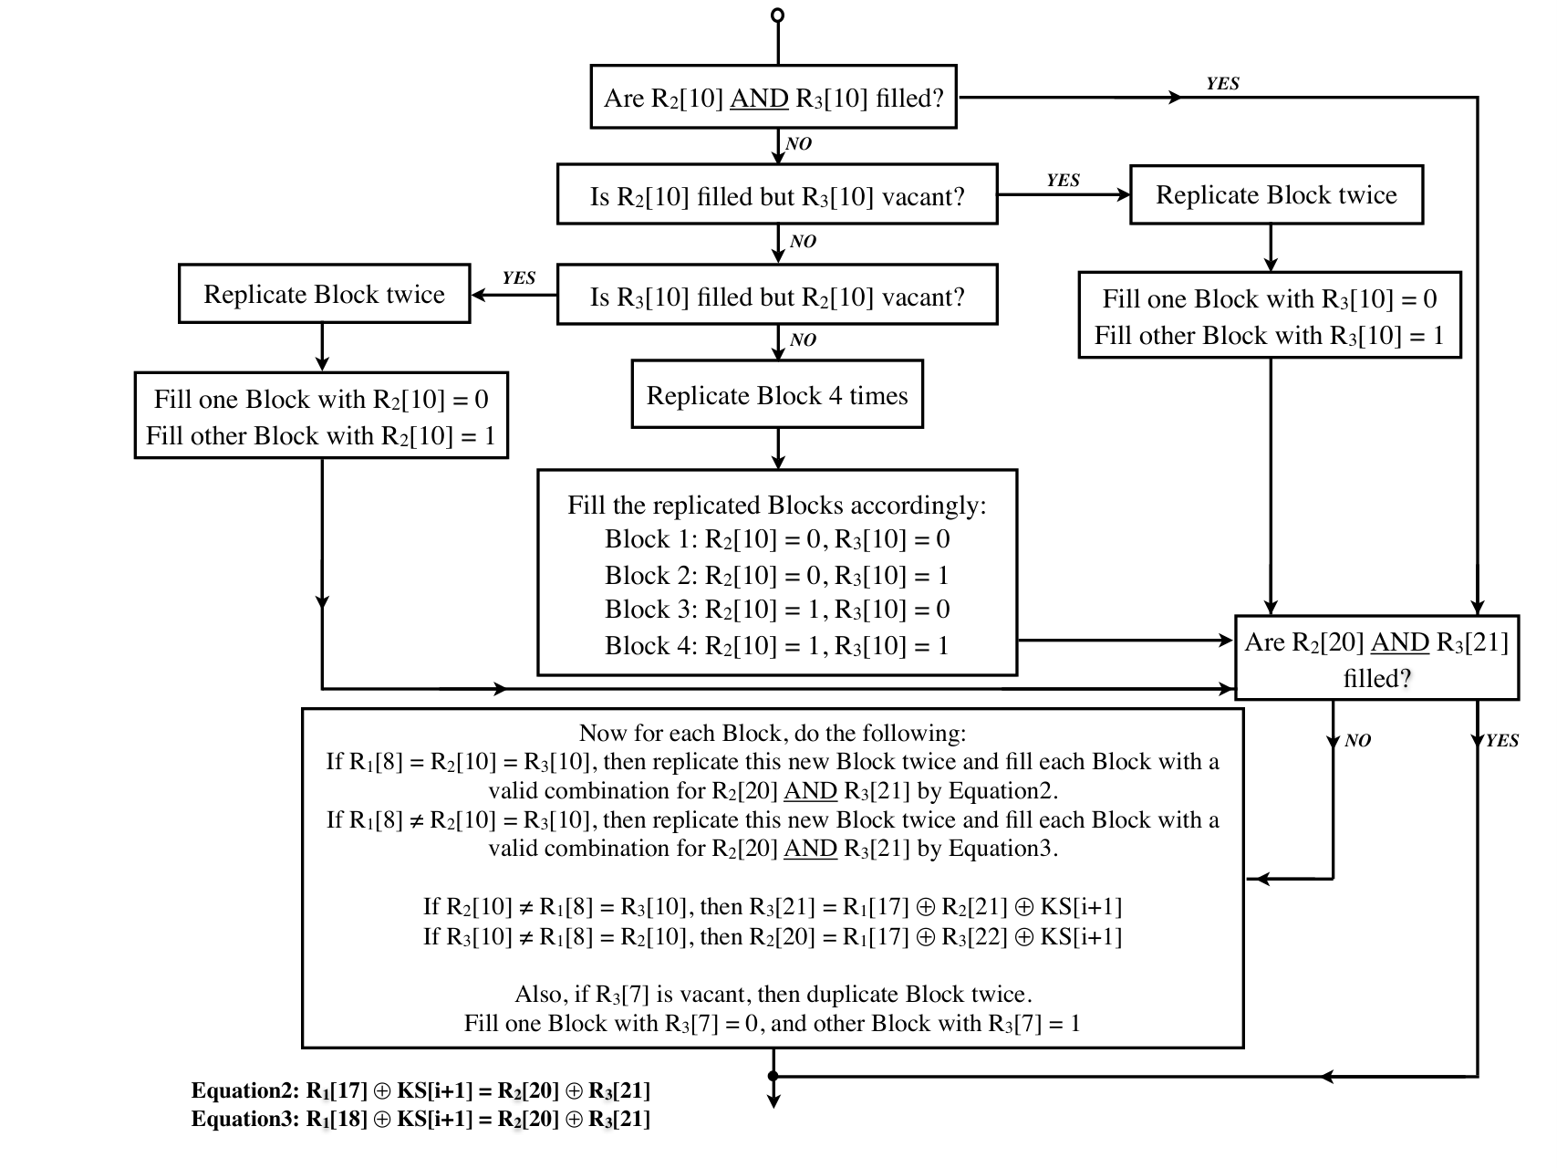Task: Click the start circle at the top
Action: pos(777,15)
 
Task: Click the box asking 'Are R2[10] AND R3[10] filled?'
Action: pos(773,97)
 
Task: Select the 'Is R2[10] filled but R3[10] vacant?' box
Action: pos(777,194)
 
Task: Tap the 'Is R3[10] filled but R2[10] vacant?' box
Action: pos(777,295)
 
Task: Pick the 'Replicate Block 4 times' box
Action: pos(777,394)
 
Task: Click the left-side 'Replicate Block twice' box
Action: pos(324,294)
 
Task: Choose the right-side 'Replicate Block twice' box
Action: pos(1276,194)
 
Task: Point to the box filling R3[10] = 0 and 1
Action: pos(1270,315)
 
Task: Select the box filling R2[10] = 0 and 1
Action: pos(321,415)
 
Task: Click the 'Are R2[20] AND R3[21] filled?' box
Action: pos(1377,658)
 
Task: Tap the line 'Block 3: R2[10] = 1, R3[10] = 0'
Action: pos(777,610)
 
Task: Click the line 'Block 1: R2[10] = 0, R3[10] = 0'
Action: pos(777,539)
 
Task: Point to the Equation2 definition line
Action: pos(420,1090)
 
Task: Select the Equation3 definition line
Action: pos(420,1119)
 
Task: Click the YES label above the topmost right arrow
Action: pos(1222,84)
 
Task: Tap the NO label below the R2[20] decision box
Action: pos(1357,741)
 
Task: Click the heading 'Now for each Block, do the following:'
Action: pos(773,733)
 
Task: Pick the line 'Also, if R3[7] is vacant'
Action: pos(773,994)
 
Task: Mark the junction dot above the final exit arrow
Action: pos(773,1077)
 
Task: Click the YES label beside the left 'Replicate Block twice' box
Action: pos(519,278)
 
